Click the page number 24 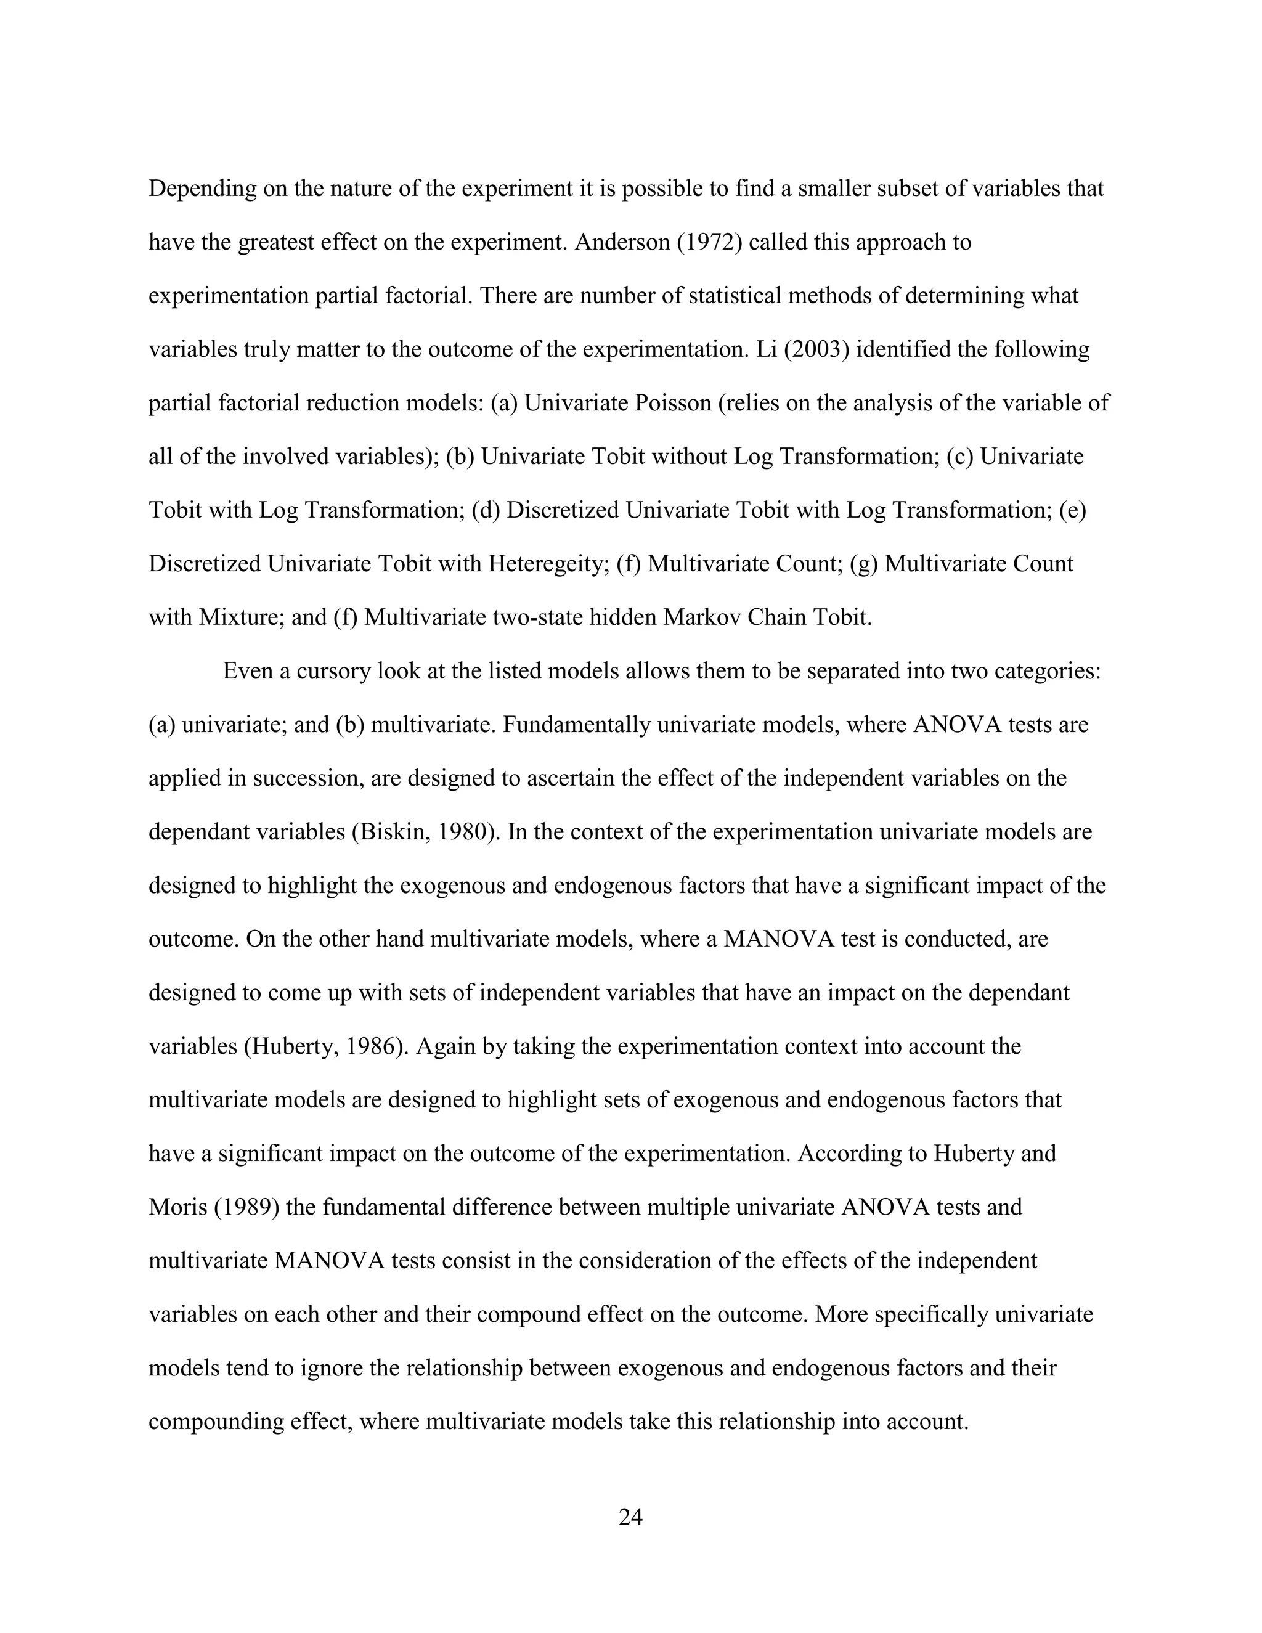(x=630, y=1517)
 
